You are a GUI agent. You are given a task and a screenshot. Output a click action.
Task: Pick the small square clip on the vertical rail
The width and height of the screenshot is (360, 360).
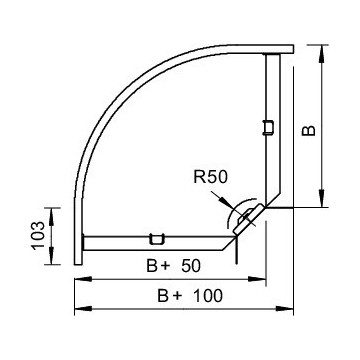267,126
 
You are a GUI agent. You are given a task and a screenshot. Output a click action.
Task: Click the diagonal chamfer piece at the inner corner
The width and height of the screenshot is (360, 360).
246,219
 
